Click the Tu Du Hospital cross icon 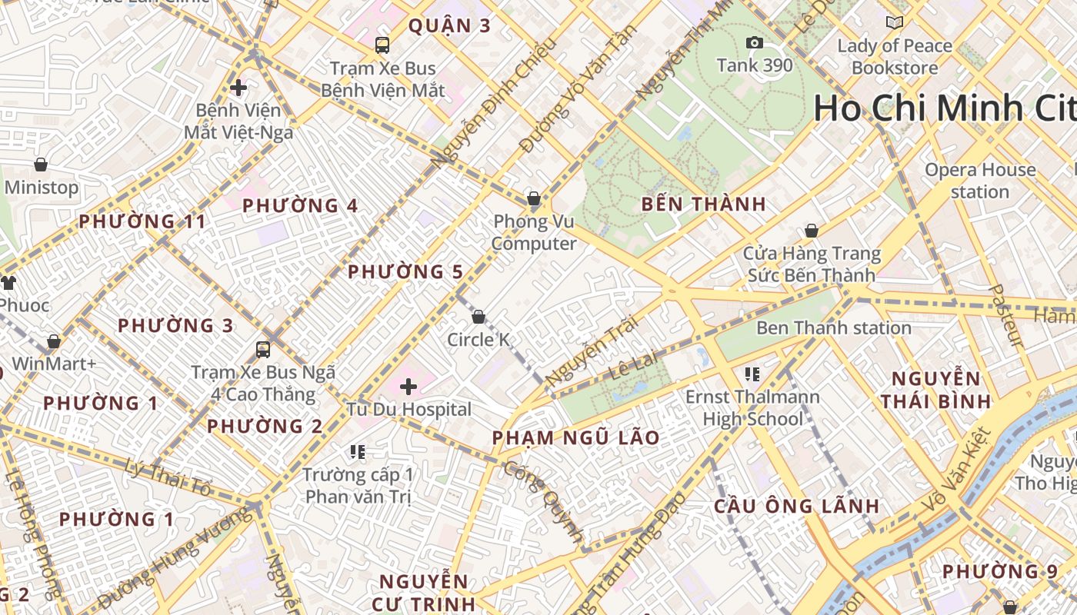(408, 386)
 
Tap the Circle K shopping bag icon (478, 317)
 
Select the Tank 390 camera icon (755, 42)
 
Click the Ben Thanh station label (833, 328)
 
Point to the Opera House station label (980, 181)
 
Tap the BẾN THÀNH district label (703, 204)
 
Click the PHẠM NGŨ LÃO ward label (575, 438)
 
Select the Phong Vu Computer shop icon (534, 199)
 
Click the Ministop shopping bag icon (41, 165)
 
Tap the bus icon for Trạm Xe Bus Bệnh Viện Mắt (382, 45)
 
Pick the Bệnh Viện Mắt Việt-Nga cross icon (238, 88)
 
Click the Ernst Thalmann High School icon (752, 374)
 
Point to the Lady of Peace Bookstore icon (894, 23)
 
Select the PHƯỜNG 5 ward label (405, 272)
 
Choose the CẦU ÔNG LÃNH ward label (796, 507)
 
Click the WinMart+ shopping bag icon (54, 341)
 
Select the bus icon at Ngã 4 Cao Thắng (263, 350)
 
